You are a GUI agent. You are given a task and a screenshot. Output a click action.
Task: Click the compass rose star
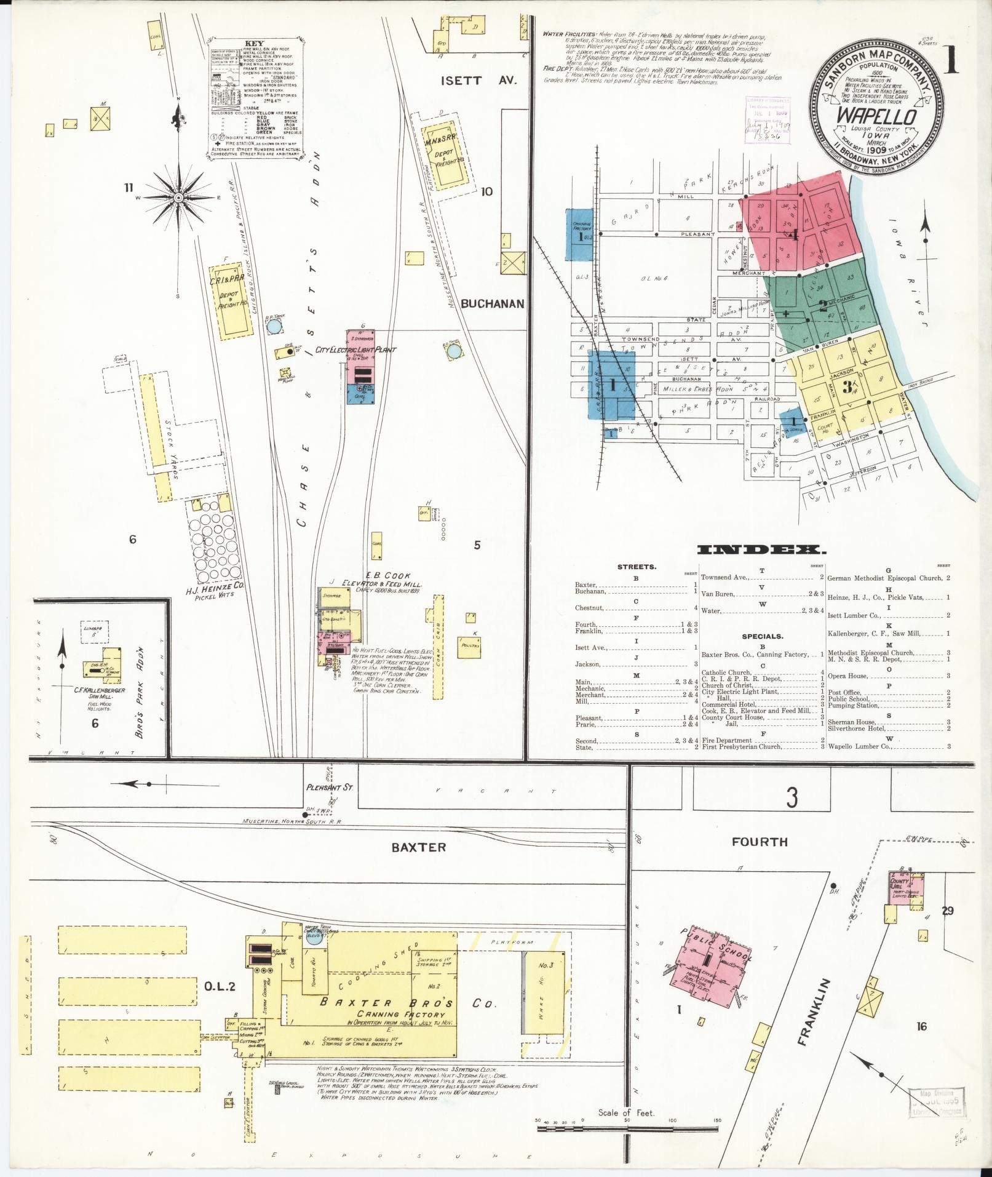point(178,197)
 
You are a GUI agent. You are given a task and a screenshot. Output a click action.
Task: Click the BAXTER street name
point(419,847)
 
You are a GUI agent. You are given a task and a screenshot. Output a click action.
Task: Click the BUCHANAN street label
point(492,303)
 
